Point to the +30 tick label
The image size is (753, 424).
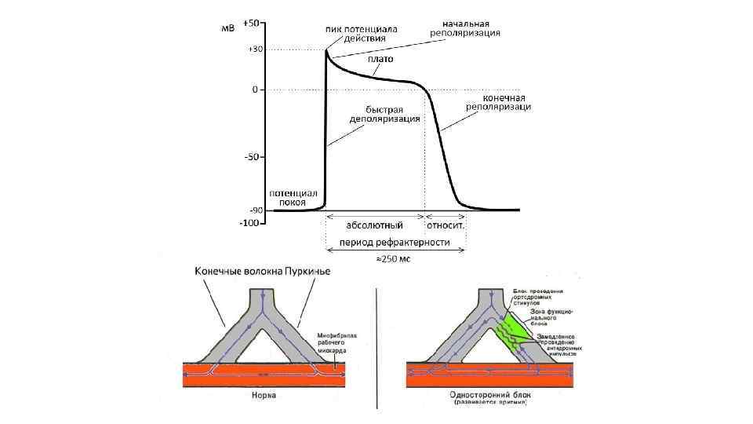pyautogui.click(x=255, y=49)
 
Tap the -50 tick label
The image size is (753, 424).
pyautogui.click(x=252, y=157)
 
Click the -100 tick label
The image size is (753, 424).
pyautogui.click(x=249, y=223)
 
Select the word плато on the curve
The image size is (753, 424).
pyautogui.click(x=380, y=59)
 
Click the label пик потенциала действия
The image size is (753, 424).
pyautogui.click(x=362, y=34)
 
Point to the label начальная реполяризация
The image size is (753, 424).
pyautogui.click(x=466, y=28)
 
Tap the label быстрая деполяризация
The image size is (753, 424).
pyautogui.click(x=385, y=114)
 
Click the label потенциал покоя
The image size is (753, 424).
pyautogui.click(x=293, y=197)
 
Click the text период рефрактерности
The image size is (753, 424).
pyautogui.click(x=394, y=242)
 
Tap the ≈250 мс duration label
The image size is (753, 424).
pyautogui.click(x=395, y=258)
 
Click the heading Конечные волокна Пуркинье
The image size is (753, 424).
pyautogui.click(x=263, y=271)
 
